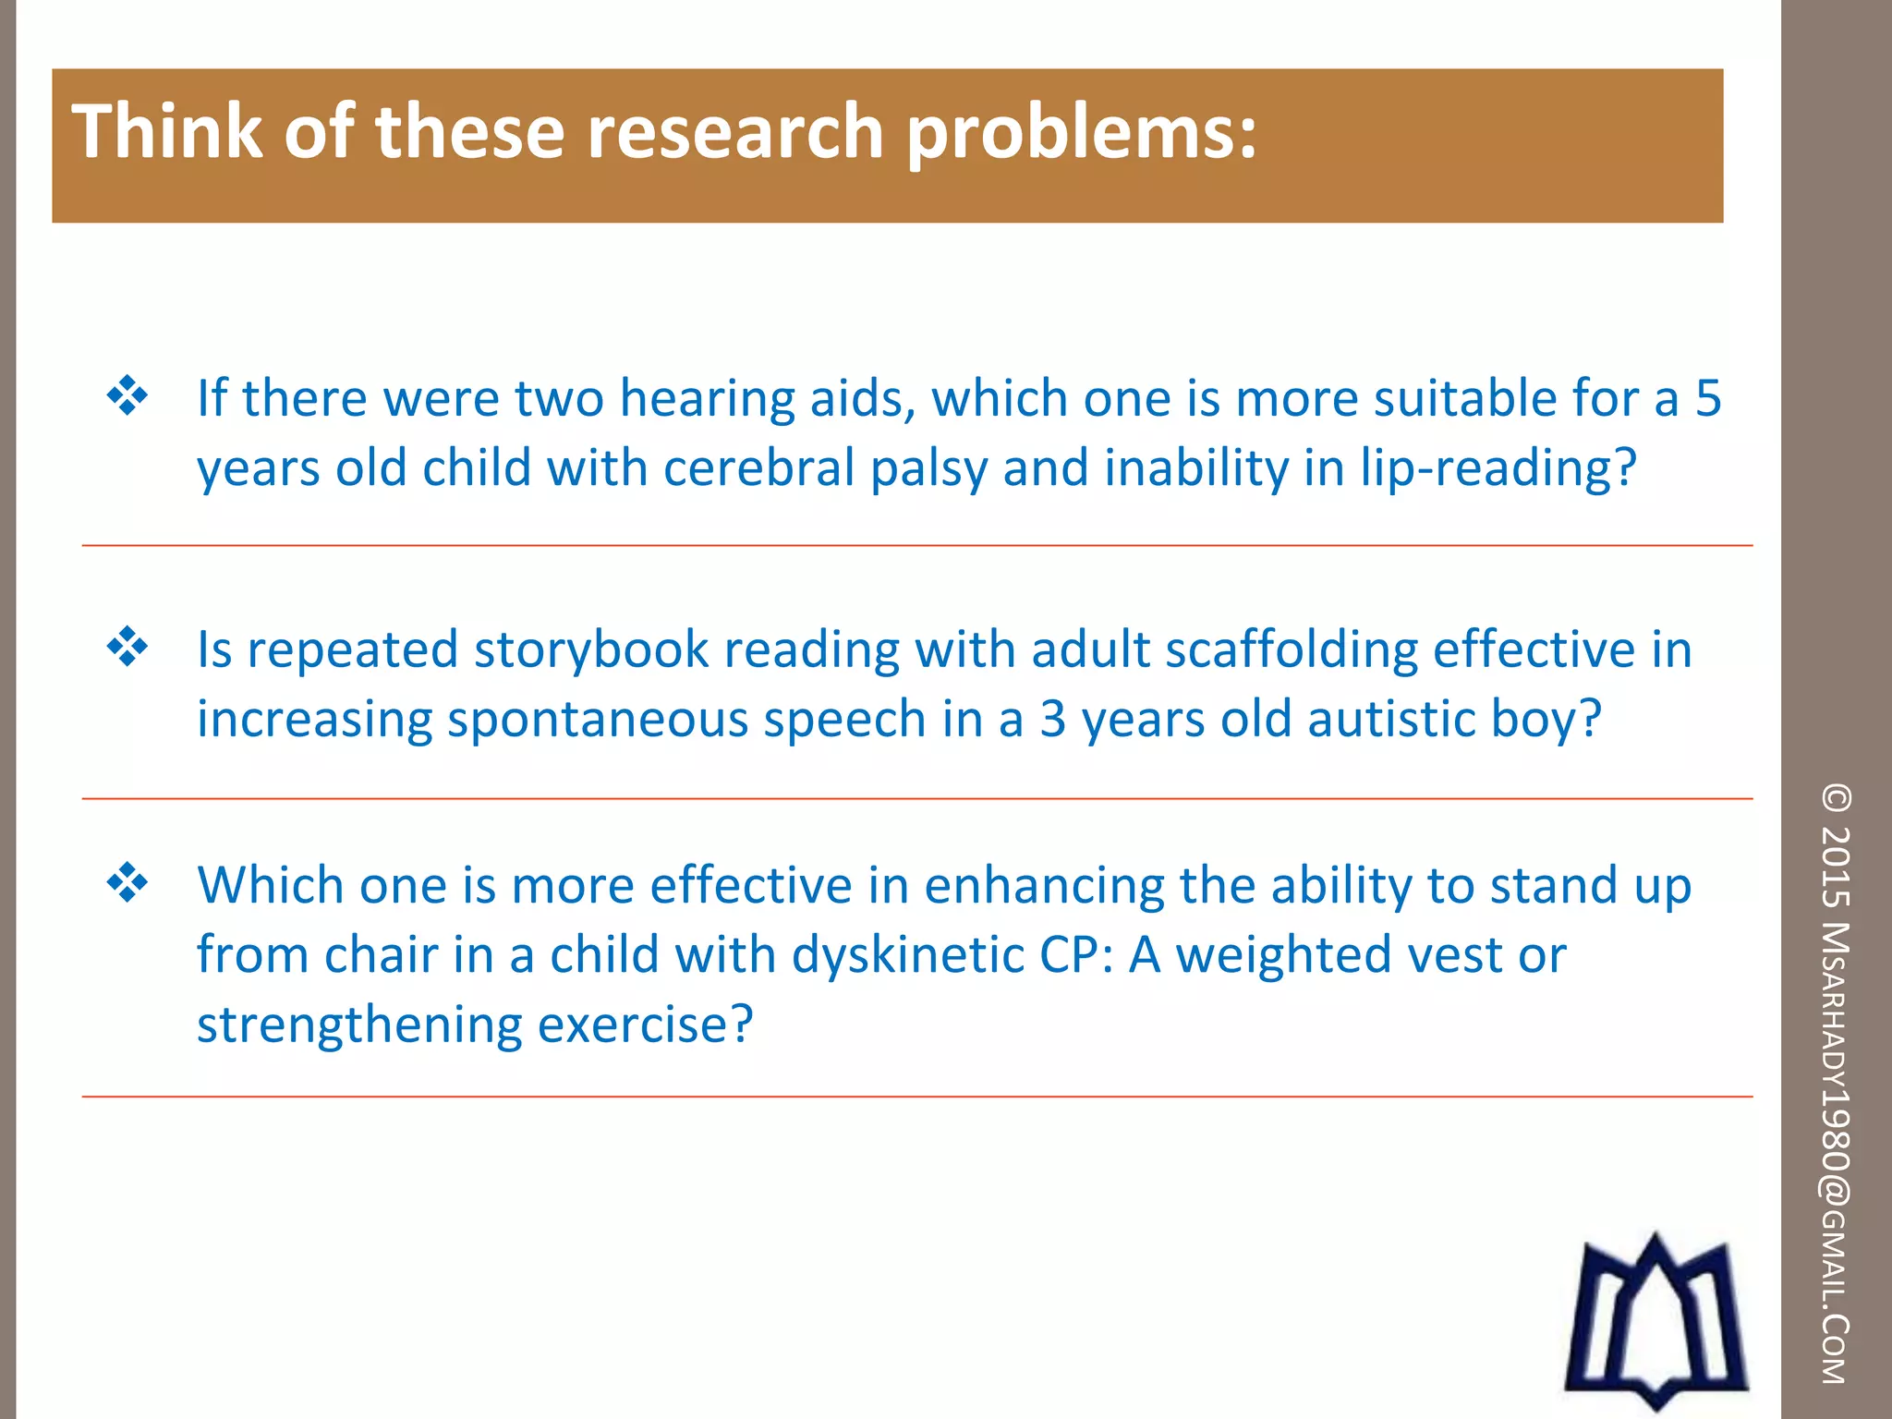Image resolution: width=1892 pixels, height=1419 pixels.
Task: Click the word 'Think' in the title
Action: pyautogui.click(x=167, y=131)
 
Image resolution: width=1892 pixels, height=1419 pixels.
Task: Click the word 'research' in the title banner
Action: pyautogui.click(x=735, y=131)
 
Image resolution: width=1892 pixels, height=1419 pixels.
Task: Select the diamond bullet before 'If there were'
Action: pyautogui.click(x=127, y=396)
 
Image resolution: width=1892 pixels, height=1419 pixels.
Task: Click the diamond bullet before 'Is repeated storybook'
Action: pyautogui.click(x=127, y=647)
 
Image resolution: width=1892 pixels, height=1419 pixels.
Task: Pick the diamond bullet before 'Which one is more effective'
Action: pyautogui.click(x=127, y=883)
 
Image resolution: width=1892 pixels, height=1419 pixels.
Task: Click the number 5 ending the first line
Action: pyautogui.click(x=1708, y=398)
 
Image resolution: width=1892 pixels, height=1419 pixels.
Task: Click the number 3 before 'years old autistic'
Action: pyautogui.click(x=1052, y=719)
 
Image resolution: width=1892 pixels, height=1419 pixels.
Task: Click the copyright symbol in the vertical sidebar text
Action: pyautogui.click(x=1836, y=798)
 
